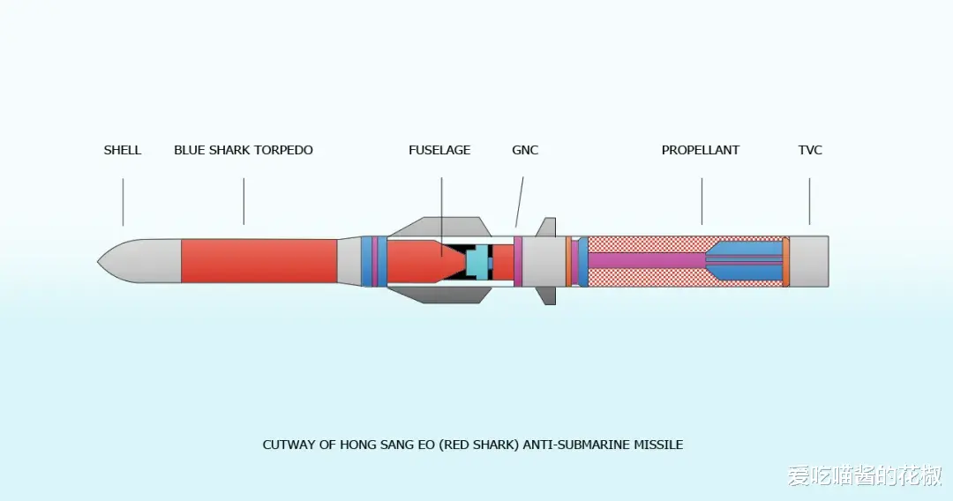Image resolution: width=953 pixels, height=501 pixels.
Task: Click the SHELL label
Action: (122, 150)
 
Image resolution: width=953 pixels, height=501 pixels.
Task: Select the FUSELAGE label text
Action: (439, 150)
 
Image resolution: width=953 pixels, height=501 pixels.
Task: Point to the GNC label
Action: (524, 150)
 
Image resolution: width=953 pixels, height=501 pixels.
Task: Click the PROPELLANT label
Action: (700, 150)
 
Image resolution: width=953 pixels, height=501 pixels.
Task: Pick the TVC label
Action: (809, 150)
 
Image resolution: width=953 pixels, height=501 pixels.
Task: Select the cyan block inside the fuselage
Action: (476, 261)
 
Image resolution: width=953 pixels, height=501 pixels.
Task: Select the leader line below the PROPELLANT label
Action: (702, 201)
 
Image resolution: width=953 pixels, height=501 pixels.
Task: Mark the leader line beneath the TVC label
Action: (809, 201)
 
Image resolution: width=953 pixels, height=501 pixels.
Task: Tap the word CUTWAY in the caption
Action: (288, 445)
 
